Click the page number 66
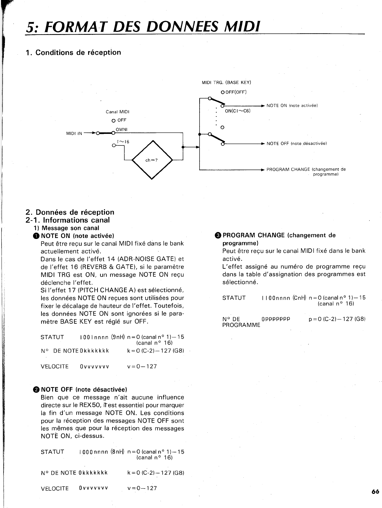375,492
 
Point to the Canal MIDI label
118,112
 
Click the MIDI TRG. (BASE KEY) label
226,82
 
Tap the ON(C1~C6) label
238,111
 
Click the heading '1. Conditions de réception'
73,52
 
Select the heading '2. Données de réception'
70,212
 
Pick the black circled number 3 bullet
218,235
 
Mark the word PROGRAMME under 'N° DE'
241,325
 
